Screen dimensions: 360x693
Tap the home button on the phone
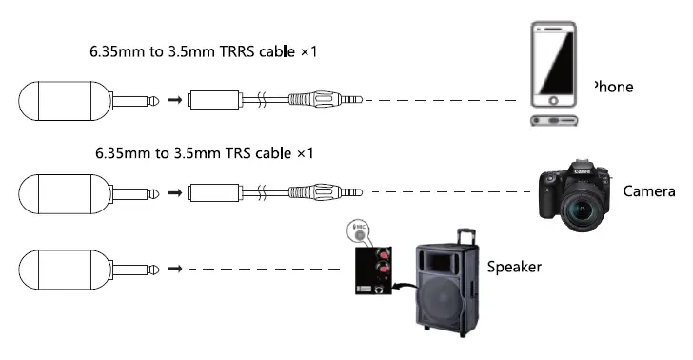[x=555, y=121]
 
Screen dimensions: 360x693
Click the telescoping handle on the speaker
[x=465, y=235]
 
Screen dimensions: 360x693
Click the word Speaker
[x=514, y=268]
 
